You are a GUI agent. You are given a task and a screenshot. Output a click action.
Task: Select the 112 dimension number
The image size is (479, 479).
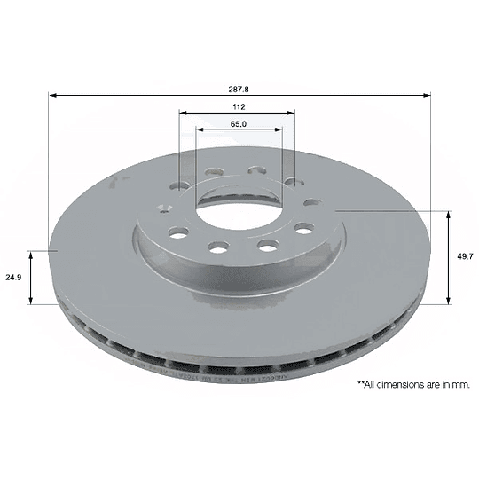(237, 106)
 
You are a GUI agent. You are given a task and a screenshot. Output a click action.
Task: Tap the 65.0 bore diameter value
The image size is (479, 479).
(238, 124)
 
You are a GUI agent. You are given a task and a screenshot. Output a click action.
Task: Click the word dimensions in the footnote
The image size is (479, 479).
(398, 385)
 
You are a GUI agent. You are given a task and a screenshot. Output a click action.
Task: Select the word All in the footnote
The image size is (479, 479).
(370, 385)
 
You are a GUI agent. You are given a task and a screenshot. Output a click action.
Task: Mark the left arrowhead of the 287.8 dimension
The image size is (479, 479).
(52, 95)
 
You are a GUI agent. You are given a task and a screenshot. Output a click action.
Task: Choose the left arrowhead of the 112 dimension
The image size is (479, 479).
(183, 113)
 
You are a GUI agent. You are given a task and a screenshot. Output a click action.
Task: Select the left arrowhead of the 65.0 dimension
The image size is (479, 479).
(200, 130)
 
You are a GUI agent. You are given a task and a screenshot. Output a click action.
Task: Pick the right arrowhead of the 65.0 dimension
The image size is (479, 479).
(279, 130)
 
